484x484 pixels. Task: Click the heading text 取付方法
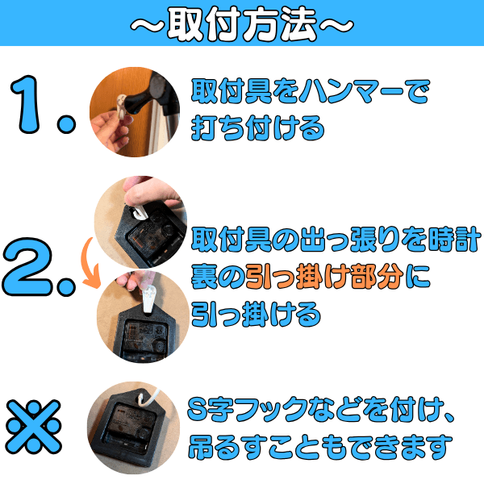pyautogui.click(x=242, y=23)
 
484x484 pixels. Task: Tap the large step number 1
pyautogui.click(x=27, y=104)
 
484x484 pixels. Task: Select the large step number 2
pyautogui.click(x=27, y=267)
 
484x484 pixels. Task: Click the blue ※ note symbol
pyautogui.click(x=33, y=427)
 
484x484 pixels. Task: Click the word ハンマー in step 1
pyautogui.click(x=352, y=91)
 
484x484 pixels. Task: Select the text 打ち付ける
pyautogui.click(x=258, y=128)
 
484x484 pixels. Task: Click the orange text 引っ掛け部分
pyautogui.click(x=324, y=276)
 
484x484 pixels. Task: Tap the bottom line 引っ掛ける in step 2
pyautogui.click(x=256, y=314)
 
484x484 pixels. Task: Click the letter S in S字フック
pyautogui.click(x=198, y=408)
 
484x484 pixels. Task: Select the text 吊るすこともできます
pyautogui.click(x=320, y=447)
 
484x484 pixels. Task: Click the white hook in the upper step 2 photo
pyautogui.click(x=138, y=211)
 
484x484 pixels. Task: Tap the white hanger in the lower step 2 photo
pyautogui.click(x=149, y=298)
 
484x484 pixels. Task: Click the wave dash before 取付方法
pyautogui.click(x=147, y=25)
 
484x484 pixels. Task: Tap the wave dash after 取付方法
pyautogui.click(x=336, y=25)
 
